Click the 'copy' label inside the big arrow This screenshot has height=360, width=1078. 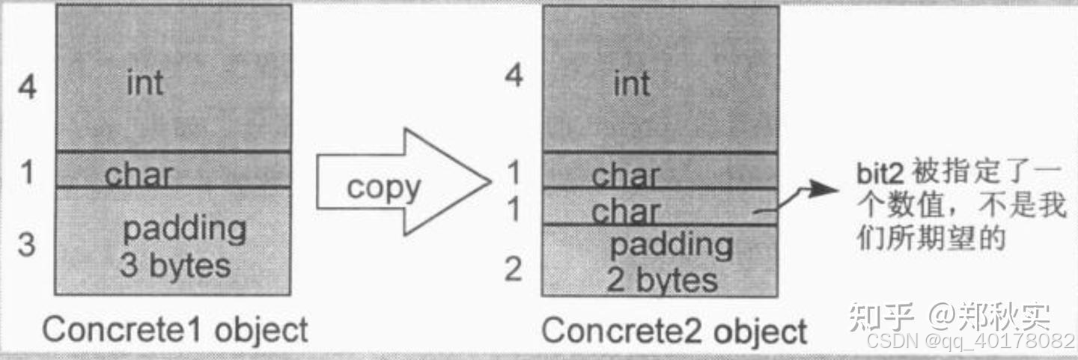click(384, 187)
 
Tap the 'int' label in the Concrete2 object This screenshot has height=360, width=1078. click(631, 83)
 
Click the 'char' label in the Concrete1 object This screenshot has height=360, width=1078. click(138, 175)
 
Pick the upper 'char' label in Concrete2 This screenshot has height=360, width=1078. click(626, 176)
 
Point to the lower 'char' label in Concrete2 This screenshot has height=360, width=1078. click(626, 212)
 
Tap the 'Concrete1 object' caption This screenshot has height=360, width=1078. click(175, 329)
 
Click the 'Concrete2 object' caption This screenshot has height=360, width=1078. click(674, 330)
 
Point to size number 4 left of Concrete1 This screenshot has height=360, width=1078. click(28, 88)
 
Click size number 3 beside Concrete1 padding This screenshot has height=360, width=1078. click(26, 244)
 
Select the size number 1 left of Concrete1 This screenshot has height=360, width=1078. click(27, 173)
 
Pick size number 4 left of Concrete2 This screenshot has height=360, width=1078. click(514, 76)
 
